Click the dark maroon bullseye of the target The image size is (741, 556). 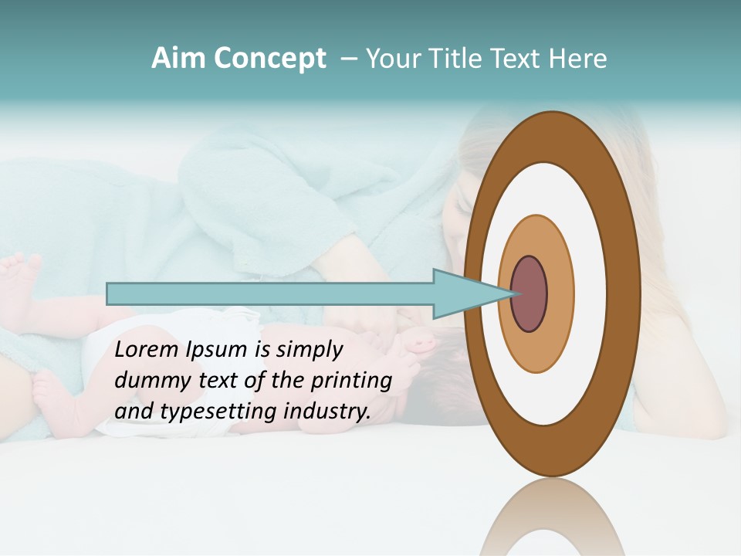(530, 293)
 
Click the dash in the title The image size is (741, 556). (349, 59)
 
